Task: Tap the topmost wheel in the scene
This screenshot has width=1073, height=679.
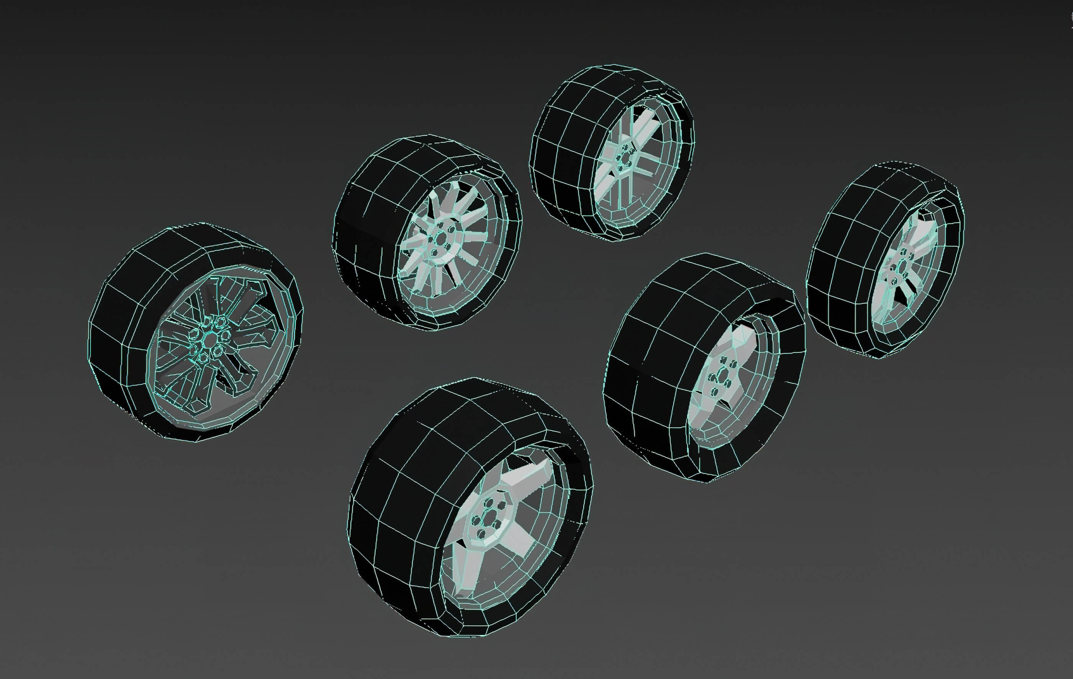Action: point(613,154)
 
